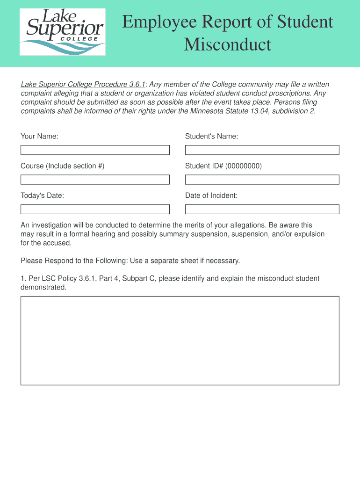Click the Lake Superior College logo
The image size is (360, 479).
(x=62, y=32)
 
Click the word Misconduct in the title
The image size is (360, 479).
(x=227, y=44)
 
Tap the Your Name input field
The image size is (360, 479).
(x=95, y=150)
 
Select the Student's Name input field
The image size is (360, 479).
(x=262, y=150)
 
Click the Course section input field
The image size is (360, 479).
(x=95, y=180)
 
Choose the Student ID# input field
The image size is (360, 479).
(x=262, y=180)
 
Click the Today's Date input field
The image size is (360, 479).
(x=95, y=209)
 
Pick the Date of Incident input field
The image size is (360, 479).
(x=262, y=209)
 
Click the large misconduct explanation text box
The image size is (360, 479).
(x=180, y=340)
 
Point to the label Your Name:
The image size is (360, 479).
(x=39, y=136)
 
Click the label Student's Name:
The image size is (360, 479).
(x=211, y=136)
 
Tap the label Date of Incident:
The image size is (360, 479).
(x=211, y=196)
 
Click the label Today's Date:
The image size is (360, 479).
(x=42, y=196)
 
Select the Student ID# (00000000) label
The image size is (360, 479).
(x=223, y=166)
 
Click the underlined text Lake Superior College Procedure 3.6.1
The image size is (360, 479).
(x=83, y=85)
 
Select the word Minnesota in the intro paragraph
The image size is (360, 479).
(x=206, y=111)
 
